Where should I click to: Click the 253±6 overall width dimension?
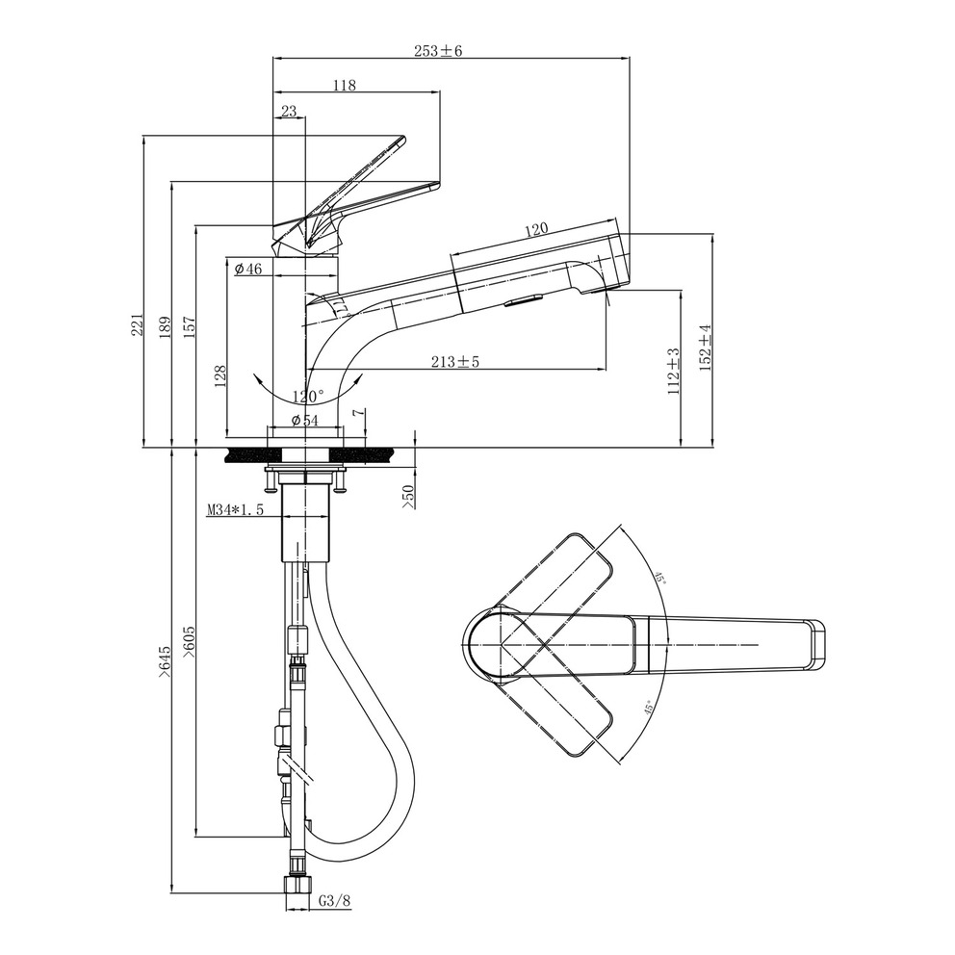tap(438, 51)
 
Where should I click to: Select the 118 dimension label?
tap(344, 86)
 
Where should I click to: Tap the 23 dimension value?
tap(289, 111)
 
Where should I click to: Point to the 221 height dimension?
tap(138, 324)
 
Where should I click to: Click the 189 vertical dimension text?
tap(165, 327)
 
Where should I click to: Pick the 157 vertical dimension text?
tap(190, 327)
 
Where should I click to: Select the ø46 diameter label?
tap(247, 268)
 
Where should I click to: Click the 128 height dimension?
tap(220, 375)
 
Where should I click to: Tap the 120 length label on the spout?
tap(536, 230)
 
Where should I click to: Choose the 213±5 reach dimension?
tap(455, 362)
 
